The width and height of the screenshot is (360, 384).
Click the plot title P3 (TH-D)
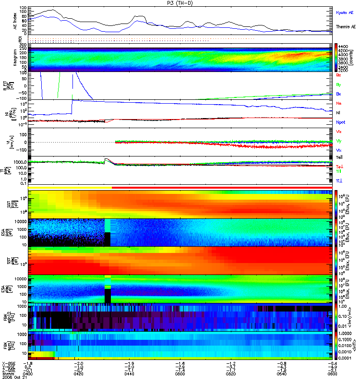point(180,3)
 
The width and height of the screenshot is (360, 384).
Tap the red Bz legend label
point(338,75)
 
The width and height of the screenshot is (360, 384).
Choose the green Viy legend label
point(338,141)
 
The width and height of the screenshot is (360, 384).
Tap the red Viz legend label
point(338,132)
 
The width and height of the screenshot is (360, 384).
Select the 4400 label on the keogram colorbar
point(344,47)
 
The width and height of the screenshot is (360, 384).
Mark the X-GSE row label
point(7,363)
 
